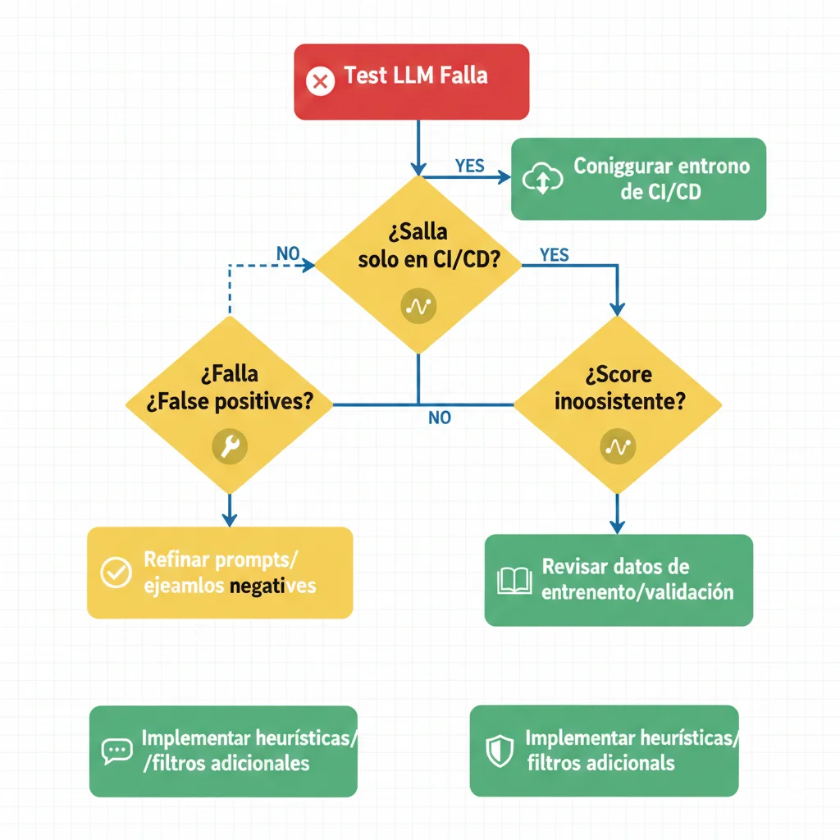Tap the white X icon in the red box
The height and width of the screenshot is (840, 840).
320,82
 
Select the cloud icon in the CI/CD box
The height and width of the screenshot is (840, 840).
541,180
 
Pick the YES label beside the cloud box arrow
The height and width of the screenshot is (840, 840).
469,166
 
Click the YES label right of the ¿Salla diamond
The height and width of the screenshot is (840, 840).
555,255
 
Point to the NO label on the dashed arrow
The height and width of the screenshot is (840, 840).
288,253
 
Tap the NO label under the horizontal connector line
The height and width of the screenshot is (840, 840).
440,418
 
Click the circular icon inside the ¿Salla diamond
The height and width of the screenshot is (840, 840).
418,306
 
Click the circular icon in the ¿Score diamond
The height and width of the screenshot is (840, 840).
617,447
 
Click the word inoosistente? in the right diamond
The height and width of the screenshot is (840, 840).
620,402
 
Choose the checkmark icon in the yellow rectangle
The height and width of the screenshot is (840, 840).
116,572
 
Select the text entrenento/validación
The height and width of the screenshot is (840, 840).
637,591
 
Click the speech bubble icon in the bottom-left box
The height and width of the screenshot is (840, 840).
116,751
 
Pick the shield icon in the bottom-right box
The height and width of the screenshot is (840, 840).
499,751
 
